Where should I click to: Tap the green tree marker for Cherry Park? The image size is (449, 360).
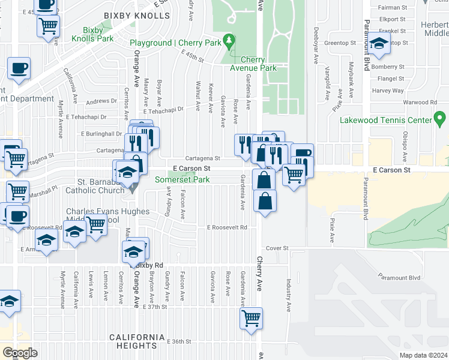pyautogui.click(x=228, y=41)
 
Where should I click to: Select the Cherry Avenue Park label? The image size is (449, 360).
pyautogui.click(x=258, y=64)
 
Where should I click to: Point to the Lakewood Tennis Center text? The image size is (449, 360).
pyautogui.click(x=385, y=120)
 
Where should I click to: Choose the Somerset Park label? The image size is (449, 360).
pyautogui.click(x=183, y=179)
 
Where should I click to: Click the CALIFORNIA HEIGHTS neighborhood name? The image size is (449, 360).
pyautogui.click(x=137, y=341)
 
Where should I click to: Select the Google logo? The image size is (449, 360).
pyautogui.click(x=20, y=353)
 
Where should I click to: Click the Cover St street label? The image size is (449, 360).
pyautogui.click(x=277, y=248)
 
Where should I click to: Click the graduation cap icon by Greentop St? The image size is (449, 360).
pyautogui.click(x=379, y=44)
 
